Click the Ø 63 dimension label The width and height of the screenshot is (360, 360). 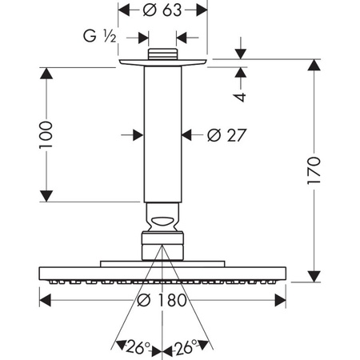coord(162,10)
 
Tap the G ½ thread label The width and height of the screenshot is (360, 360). coord(100,36)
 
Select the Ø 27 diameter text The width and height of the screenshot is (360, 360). coord(226,135)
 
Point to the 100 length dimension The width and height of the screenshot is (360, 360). coord(46,134)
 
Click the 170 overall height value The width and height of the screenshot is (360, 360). coord(314,170)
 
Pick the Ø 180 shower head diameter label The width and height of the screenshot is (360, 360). coord(162,300)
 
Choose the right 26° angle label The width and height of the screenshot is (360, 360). coord(186,347)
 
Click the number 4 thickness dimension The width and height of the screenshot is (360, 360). coord(241,97)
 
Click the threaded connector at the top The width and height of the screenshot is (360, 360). coord(162,54)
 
